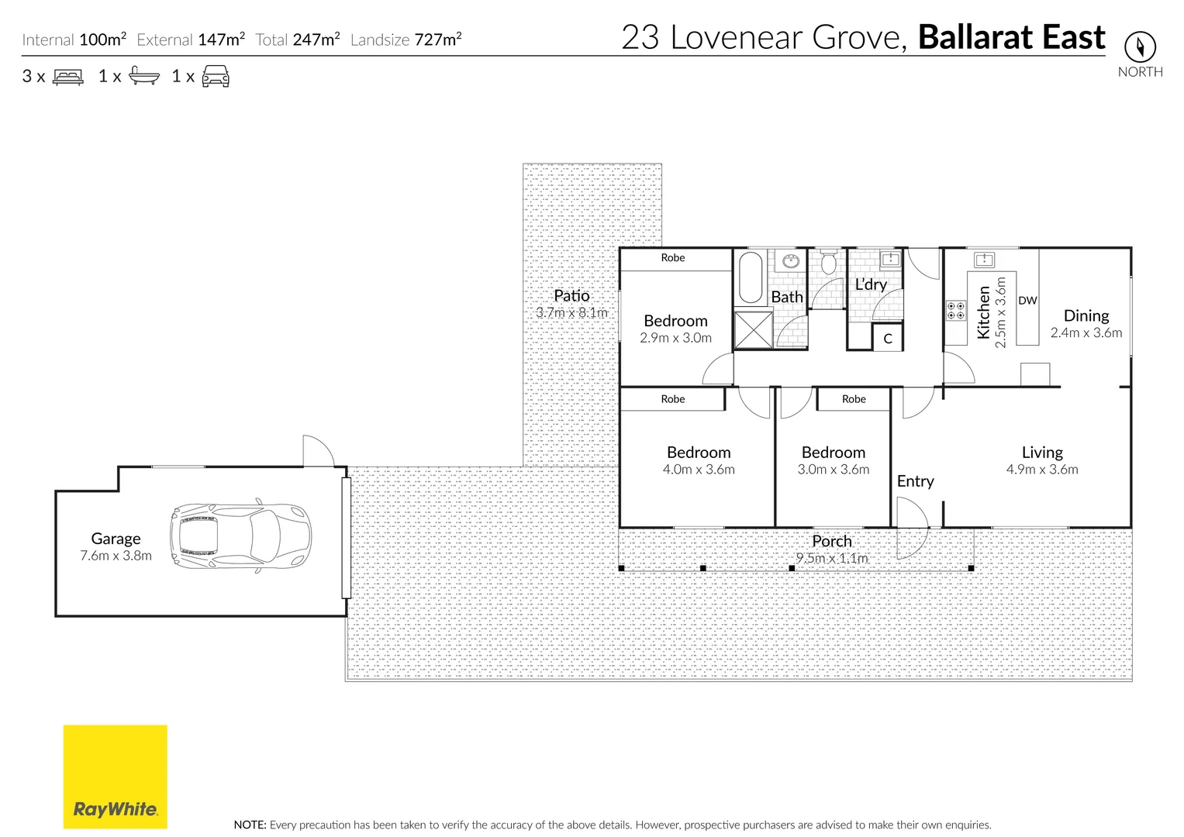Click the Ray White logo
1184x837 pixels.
click(115, 777)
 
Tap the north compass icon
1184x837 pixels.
click(1139, 47)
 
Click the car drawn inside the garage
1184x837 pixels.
click(240, 536)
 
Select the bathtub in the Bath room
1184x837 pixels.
click(750, 277)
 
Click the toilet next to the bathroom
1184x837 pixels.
click(827, 263)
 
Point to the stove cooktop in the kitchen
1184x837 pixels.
click(955, 311)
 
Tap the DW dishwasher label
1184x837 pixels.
click(1027, 301)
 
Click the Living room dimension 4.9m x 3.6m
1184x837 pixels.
click(1041, 470)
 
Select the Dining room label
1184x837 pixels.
click(1086, 315)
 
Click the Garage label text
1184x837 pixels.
click(116, 539)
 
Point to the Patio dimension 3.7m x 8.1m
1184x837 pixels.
click(571, 312)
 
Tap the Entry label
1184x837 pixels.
click(915, 481)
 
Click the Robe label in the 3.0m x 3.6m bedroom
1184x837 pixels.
click(853, 399)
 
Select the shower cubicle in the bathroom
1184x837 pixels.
click(753, 329)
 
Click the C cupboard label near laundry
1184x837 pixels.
click(888, 339)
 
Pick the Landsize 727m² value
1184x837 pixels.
click(438, 40)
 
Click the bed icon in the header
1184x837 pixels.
click(68, 77)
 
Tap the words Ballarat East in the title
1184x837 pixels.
click(1011, 37)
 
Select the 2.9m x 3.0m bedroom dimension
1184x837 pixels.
click(675, 338)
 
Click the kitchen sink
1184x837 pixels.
click(984, 259)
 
